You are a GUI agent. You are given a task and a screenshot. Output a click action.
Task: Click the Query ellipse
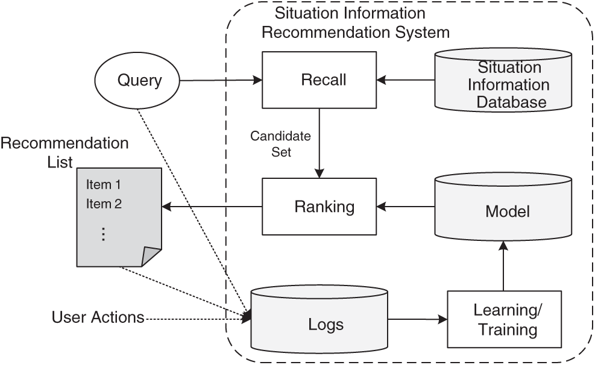pos(138,80)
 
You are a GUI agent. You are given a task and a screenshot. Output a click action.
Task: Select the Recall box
pos(319,80)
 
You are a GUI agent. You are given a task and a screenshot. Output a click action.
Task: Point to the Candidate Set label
pos(280,144)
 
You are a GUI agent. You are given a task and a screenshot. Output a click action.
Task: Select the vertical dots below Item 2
pos(103,234)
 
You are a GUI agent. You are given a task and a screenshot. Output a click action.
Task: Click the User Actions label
pos(98,317)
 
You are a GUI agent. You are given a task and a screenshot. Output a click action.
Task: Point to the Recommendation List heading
pos(65,152)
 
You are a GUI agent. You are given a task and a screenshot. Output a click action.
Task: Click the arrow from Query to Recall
pos(221,80)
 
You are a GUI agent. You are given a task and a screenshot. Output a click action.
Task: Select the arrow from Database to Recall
pos(405,80)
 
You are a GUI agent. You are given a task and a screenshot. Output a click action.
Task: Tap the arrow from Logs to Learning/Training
pos(417,320)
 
